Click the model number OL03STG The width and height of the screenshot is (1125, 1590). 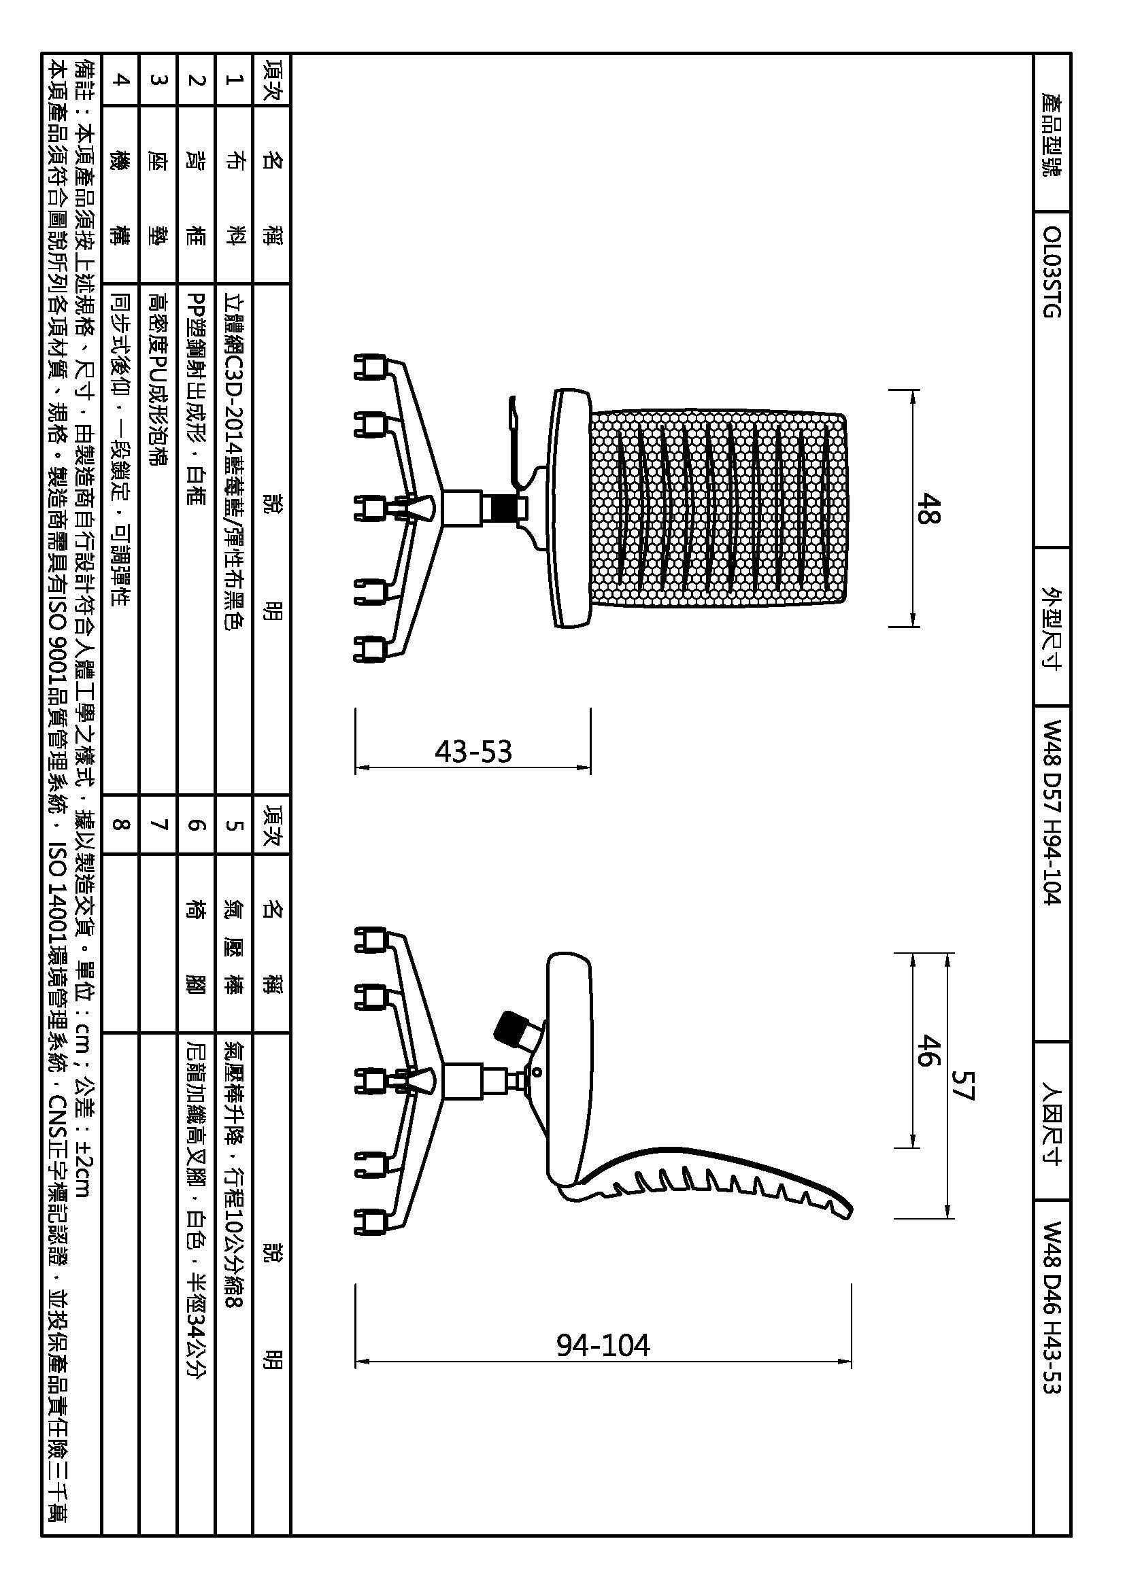[x=1052, y=271]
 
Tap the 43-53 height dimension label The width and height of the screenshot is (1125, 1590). [x=473, y=751]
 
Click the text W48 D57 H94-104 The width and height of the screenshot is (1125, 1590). [x=1052, y=812]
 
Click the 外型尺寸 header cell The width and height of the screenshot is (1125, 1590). [x=1052, y=628]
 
